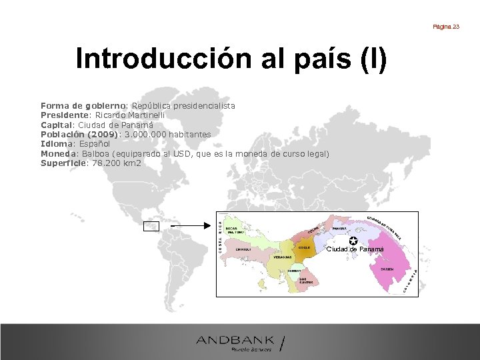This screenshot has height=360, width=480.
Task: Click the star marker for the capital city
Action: (353, 241)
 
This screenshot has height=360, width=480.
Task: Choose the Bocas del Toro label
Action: (234, 229)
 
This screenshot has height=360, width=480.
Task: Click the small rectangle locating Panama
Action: (151, 226)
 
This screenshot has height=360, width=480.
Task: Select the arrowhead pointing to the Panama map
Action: (207, 226)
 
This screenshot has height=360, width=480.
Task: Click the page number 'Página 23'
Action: (446, 27)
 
